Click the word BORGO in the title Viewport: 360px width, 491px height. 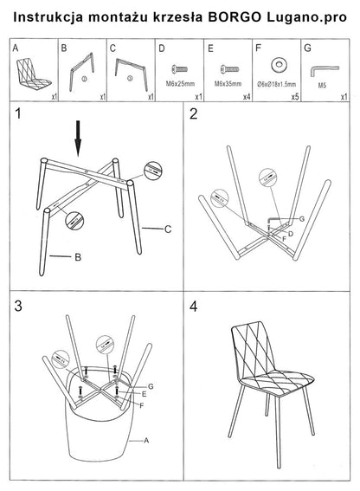coord(235,17)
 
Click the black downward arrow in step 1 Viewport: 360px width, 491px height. coord(78,139)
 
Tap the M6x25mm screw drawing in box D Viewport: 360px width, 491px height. coord(180,69)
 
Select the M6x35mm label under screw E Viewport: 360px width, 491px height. coord(228,84)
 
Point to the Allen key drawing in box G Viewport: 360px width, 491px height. coord(325,70)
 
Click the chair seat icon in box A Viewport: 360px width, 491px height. coord(33,74)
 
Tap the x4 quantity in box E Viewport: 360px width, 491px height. coord(247,97)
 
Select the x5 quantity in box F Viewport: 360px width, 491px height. coord(295,97)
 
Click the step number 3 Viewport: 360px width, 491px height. coord(18,306)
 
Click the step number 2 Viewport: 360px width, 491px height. coord(194,114)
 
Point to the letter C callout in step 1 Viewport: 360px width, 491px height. coord(168,229)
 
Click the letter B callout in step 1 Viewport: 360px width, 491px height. coord(78,257)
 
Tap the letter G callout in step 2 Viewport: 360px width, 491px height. coord(302,219)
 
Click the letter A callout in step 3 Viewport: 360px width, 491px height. coord(146,441)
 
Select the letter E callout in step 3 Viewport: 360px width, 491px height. coord(144,394)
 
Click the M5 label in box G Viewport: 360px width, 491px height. coord(322,85)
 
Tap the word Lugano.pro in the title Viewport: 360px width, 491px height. coord(307,18)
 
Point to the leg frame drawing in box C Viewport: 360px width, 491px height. coord(131,74)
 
